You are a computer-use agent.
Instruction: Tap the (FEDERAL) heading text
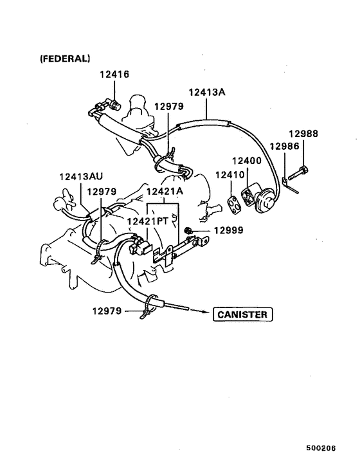click(65, 59)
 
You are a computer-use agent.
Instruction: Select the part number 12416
click(114, 75)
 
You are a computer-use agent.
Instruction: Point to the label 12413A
click(207, 92)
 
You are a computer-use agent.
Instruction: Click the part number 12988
click(303, 134)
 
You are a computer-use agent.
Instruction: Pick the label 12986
click(284, 146)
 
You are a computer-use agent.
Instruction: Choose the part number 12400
click(246, 161)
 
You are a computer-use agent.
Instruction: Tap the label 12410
click(230, 174)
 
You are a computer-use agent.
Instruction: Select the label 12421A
click(165, 192)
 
